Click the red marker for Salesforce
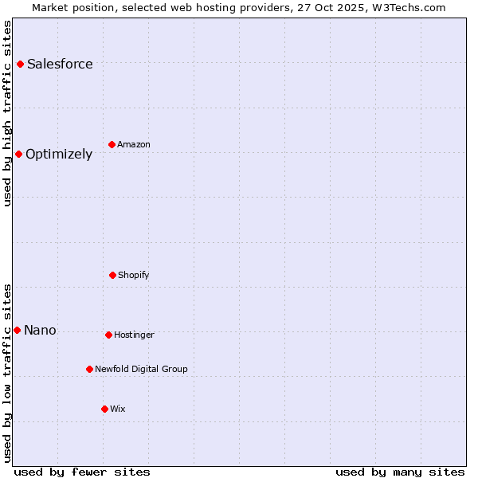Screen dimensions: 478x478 pos(20,64)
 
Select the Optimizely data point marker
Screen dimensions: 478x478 pos(18,154)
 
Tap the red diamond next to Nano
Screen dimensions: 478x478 pos(17,330)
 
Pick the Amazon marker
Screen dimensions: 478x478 pos(112,144)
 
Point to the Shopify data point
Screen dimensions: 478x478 pos(112,275)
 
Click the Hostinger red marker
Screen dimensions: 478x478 pos(108,335)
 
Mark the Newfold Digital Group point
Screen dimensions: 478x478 pos(89,369)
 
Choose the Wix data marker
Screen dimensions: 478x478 pos(104,409)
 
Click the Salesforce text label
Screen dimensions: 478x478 pos(60,64)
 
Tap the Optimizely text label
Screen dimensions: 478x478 pos(59,154)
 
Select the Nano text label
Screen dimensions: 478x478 pos(40,330)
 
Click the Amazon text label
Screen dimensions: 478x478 pos(134,144)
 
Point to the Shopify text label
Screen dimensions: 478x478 pos(134,275)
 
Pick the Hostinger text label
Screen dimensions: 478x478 pos(134,335)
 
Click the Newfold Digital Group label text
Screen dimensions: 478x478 pos(141,369)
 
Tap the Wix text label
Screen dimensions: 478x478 pos(118,409)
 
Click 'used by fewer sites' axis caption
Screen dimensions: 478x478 pos(82,472)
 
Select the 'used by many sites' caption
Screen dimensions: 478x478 pos(400,472)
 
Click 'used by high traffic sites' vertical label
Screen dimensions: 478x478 pos(7,113)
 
